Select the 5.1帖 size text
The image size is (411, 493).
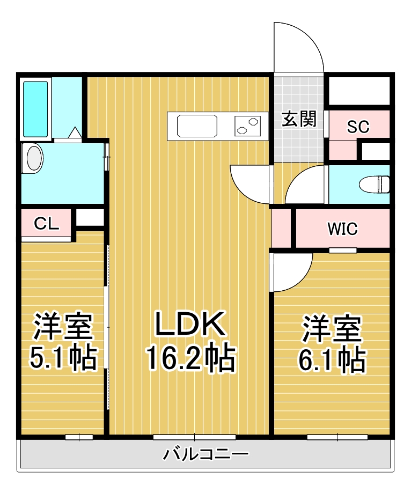63,358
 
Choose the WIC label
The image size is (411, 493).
342,229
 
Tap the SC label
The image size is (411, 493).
358,127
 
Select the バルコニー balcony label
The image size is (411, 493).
205,455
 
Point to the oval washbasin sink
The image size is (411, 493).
34,159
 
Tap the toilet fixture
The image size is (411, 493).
381,184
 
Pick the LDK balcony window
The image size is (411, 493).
194,437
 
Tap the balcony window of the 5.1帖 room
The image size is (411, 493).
79,437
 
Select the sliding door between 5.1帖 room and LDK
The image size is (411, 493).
106,306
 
